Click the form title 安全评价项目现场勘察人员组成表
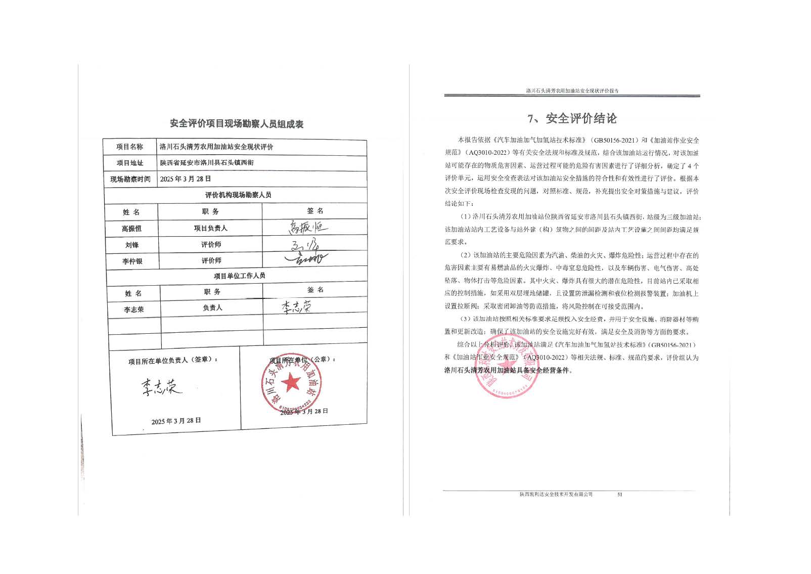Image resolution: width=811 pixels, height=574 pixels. [x=237, y=124]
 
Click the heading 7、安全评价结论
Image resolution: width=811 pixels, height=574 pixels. [x=572, y=119]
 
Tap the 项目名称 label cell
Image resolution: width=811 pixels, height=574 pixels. [x=130, y=147]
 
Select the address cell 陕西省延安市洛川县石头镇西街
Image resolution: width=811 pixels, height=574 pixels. [x=207, y=163]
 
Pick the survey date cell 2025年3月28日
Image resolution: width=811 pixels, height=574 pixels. [x=186, y=179]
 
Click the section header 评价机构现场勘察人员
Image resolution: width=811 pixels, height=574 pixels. [x=238, y=195]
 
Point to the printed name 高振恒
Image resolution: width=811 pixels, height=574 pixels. [x=131, y=229]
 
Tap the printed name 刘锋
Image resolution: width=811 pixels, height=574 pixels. [x=132, y=245]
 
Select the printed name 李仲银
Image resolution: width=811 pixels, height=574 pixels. [x=132, y=261]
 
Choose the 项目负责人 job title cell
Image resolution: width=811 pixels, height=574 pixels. [x=210, y=228]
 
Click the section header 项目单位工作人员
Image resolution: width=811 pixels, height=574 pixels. [x=239, y=276]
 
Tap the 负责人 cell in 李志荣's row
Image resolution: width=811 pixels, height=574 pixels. [x=212, y=307]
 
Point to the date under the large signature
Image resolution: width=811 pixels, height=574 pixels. [x=176, y=421]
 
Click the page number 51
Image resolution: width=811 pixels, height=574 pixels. [x=619, y=494]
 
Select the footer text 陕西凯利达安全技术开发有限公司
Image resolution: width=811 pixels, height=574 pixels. [x=556, y=494]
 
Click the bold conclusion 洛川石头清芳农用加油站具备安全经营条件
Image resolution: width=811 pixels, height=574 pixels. [x=508, y=370]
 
